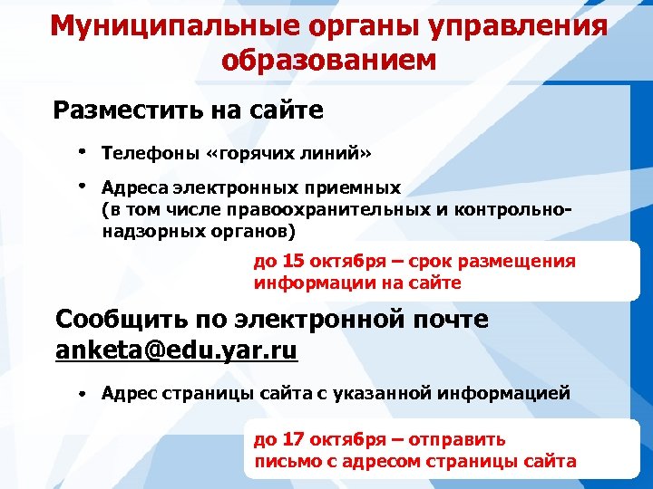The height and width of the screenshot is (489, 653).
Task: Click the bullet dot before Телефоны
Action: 82,149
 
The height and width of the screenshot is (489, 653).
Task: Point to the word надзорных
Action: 144,231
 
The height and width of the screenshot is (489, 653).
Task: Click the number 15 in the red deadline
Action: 293,262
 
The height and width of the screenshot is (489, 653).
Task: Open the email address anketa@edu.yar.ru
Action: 176,350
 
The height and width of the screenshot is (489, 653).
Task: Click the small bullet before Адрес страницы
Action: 81,395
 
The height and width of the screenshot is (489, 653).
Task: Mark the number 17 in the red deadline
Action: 293,440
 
